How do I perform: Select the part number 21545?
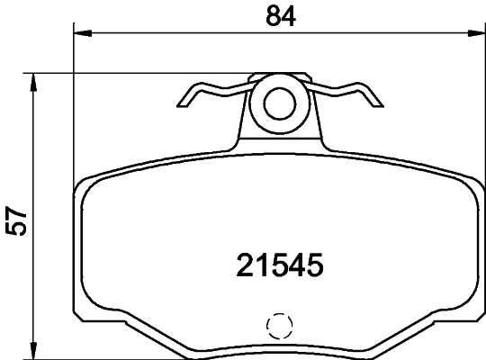click(279, 265)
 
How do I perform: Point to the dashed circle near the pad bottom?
click(281, 326)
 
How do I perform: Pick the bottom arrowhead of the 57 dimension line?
click(34, 350)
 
